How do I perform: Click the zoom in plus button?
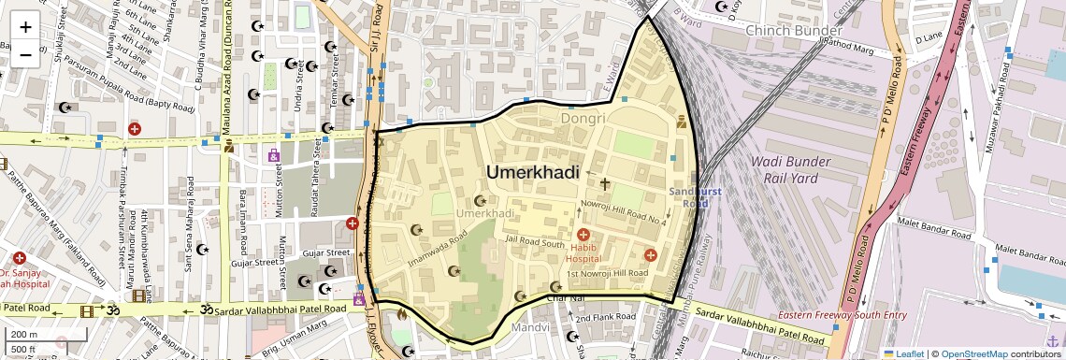[25, 26]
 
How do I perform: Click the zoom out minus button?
[25, 54]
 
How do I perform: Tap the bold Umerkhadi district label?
[532, 173]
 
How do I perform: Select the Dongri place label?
[583, 119]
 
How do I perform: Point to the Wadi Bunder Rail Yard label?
[790, 169]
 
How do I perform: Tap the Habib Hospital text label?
[583, 252]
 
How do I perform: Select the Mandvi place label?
[529, 328]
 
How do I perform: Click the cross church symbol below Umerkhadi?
[604, 185]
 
